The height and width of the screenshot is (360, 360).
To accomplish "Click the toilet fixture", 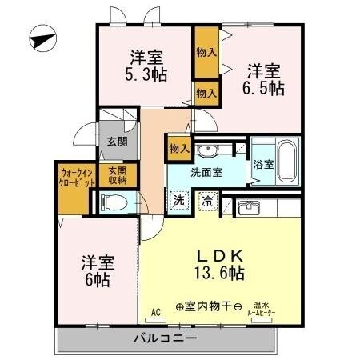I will [114, 202].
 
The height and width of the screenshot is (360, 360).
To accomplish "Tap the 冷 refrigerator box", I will [207, 200].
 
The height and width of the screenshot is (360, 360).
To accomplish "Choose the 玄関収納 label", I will [118, 174].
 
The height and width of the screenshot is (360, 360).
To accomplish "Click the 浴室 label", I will [262, 164].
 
